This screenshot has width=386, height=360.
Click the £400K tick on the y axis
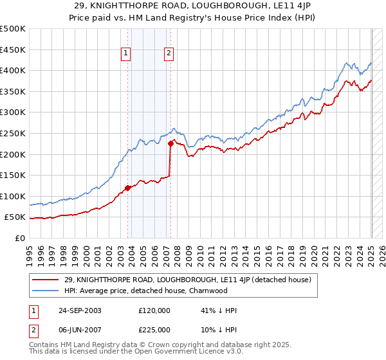[13, 70]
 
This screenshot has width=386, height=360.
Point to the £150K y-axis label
[13, 175]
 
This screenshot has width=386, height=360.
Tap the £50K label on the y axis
[15, 217]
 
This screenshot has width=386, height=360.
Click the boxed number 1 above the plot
[125, 54]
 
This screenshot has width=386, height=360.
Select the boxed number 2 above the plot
[169, 54]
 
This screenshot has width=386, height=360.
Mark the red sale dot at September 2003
[128, 188]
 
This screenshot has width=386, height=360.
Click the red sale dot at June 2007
[170, 144]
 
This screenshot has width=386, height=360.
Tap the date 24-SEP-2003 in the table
[79, 310]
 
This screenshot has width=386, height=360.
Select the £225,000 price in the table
[154, 329]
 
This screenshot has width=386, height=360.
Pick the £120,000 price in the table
[154, 310]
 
